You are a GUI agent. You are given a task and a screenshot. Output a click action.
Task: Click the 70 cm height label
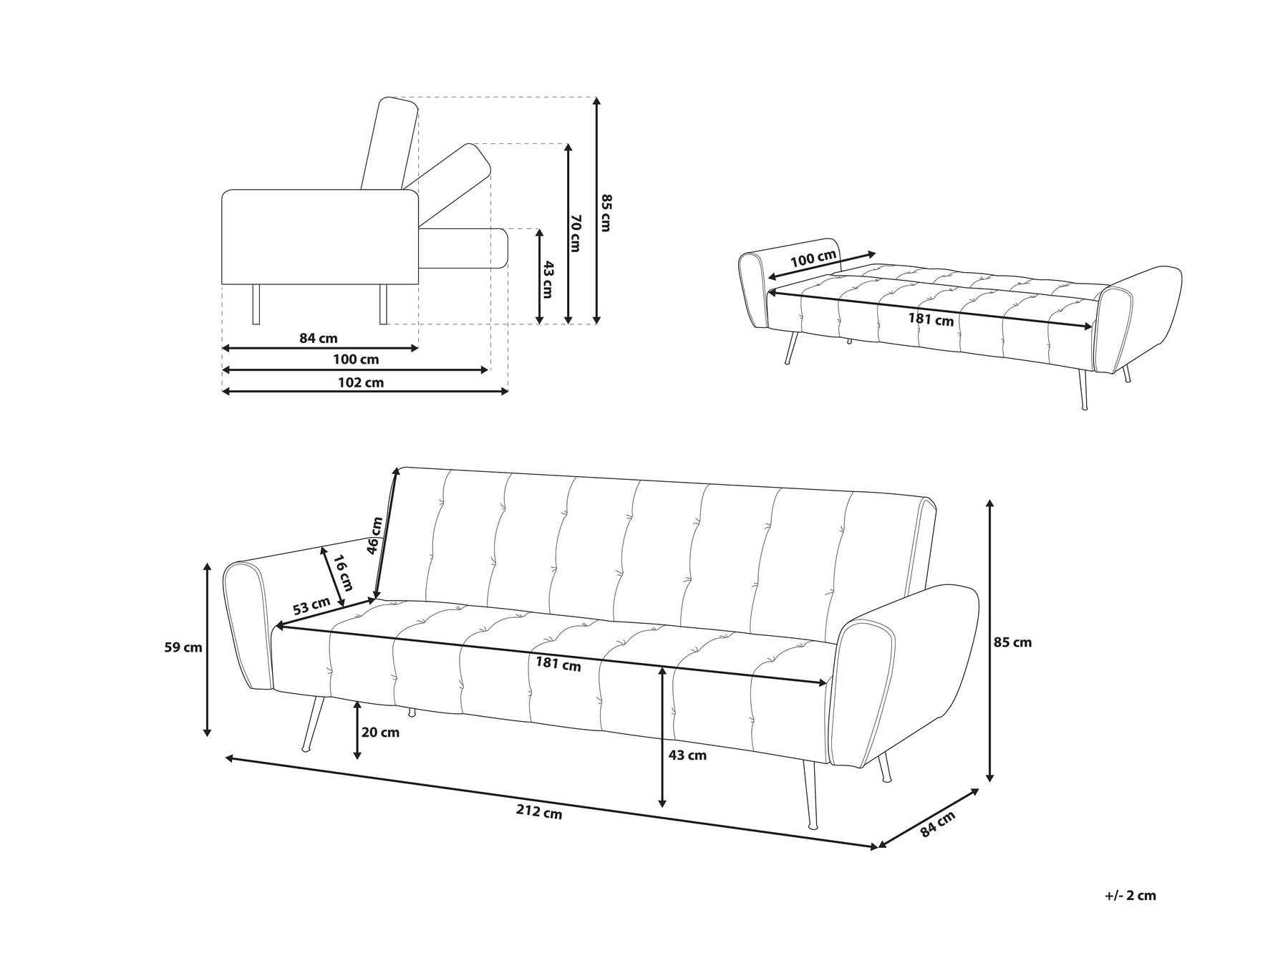[575, 233]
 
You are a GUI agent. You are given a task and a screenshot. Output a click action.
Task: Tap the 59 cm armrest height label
[183, 647]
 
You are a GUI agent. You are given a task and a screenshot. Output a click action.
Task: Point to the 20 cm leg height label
[381, 733]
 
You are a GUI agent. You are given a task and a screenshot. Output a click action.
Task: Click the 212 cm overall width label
[539, 813]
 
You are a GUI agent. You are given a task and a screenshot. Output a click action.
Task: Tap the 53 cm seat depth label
[312, 606]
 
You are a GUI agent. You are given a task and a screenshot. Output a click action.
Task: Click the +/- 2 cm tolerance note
[1130, 896]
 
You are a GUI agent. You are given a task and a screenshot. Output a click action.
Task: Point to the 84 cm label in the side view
[318, 338]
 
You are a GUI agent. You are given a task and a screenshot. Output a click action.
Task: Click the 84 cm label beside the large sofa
[938, 825]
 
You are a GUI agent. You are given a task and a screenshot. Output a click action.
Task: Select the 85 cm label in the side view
[606, 213]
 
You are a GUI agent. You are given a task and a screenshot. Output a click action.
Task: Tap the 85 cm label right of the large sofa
[1013, 642]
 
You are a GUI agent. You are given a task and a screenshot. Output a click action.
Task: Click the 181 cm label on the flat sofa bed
[931, 319]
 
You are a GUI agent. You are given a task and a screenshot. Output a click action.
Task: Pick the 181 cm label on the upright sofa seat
[558, 665]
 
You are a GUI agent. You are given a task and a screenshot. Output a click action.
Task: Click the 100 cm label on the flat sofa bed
[813, 259]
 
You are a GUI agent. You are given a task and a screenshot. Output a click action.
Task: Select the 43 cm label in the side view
[548, 279]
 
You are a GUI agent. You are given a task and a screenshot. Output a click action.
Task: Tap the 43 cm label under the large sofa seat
[687, 755]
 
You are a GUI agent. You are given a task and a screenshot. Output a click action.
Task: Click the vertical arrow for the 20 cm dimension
[357, 730]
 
